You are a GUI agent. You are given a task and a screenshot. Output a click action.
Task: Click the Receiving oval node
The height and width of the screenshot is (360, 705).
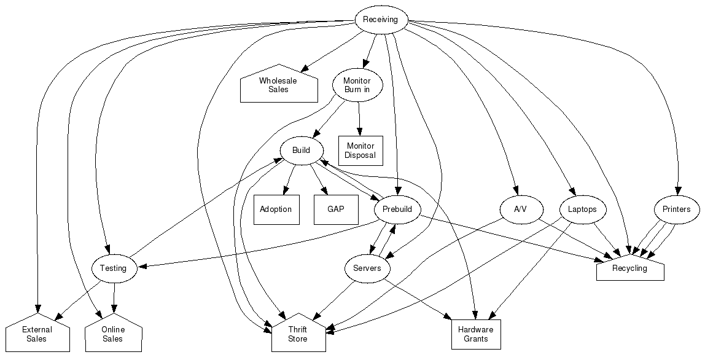click(380, 19)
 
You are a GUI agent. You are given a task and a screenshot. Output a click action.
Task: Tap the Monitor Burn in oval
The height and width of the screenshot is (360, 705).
click(357, 85)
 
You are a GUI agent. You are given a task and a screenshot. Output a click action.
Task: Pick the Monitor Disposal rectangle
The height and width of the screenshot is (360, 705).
click(360, 151)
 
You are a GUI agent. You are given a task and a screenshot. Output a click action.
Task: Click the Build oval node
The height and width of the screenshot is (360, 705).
click(302, 151)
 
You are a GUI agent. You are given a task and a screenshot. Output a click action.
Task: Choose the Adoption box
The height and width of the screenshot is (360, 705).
click(276, 209)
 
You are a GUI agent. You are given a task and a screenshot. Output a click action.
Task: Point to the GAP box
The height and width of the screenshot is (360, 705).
click(335, 209)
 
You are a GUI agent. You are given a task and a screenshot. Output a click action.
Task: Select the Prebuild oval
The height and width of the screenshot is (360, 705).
click(397, 209)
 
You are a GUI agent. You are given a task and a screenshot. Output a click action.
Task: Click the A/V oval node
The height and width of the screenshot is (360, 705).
click(520, 209)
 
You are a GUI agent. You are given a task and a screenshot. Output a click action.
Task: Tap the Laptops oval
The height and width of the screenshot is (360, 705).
click(582, 209)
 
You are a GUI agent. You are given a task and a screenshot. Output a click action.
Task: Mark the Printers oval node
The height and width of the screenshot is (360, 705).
click(676, 209)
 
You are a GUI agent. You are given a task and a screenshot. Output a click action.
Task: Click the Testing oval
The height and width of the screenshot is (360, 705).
click(113, 268)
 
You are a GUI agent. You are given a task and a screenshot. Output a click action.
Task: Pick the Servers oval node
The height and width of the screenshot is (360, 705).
click(367, 268)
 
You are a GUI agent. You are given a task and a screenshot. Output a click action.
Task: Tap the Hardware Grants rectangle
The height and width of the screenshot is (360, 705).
click(476, 334)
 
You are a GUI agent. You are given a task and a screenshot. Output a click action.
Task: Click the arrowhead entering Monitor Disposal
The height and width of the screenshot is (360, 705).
click(360, 131)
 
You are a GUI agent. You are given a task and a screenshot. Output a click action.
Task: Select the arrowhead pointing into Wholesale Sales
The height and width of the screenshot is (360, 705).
click(305, 70)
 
